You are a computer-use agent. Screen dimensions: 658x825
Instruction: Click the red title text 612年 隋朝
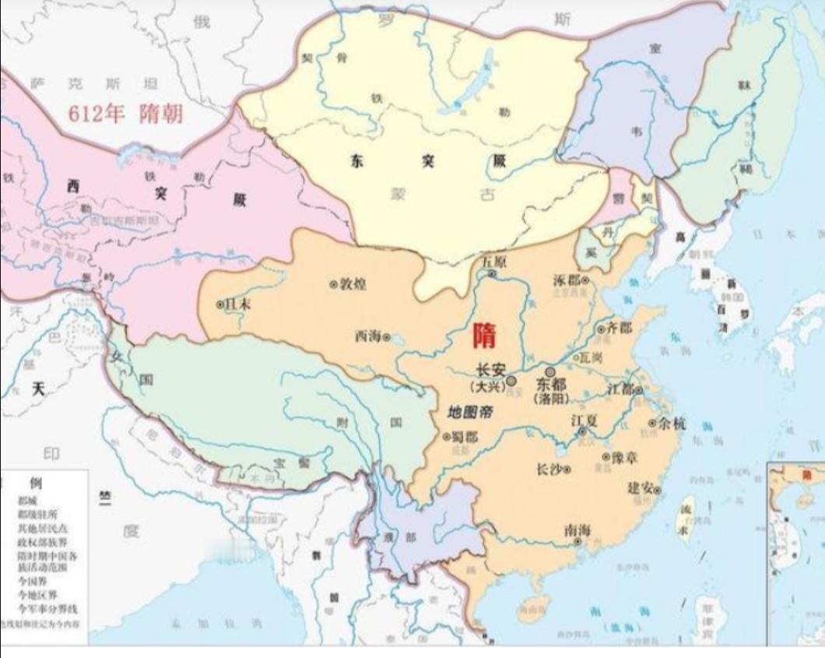125,114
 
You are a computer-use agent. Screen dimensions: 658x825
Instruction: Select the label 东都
552,385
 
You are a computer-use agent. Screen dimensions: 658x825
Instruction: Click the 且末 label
237,304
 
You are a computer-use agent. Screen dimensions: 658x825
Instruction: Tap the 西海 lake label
368,336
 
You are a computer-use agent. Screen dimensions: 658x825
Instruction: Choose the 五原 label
494,261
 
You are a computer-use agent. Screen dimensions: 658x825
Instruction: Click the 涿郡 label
566,279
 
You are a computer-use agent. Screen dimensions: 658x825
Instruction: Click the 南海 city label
577,530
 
